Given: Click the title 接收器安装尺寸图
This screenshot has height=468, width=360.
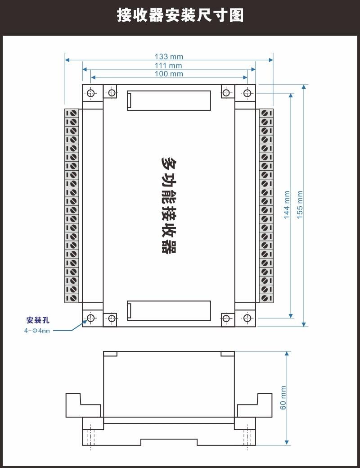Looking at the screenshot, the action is click(x=180, y=15).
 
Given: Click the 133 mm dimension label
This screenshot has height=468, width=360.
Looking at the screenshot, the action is click(x=169, y=56).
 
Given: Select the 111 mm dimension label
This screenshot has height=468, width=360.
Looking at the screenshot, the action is click(x=168, y=65).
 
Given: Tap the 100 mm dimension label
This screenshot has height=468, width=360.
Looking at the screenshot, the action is click(x=169, y=74).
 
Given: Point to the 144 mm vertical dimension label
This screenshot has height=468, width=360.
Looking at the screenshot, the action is click(x=287, y=205).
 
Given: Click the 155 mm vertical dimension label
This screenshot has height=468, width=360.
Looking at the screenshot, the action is click(x=300, y=205).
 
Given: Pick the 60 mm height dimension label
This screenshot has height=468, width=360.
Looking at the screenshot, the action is click(x=283, y=398).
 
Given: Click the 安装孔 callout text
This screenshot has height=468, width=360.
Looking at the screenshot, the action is click(x=38, y=320).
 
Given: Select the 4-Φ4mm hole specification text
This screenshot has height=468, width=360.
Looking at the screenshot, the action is click(x=37, y=331).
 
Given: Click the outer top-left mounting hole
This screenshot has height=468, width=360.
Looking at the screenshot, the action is click(x=91, y=93).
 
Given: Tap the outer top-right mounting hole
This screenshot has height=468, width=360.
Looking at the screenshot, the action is click(x=247, y=93).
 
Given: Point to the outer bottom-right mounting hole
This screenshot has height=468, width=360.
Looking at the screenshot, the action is click(x=247, y=318).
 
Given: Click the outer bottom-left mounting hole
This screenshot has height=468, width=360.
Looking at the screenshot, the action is click(x=91, y=318).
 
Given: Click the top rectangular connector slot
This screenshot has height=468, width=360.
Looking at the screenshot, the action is click(x=169, y=100).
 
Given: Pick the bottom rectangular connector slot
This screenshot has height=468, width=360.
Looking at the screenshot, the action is click(x=169, y=311).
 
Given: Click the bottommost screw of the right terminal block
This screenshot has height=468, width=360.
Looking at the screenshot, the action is click(x=264, y=298).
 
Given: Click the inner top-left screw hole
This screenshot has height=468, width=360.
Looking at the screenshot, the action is click(x=112, y=92).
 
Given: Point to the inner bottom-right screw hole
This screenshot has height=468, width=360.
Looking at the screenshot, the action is click(x=226, y=318).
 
